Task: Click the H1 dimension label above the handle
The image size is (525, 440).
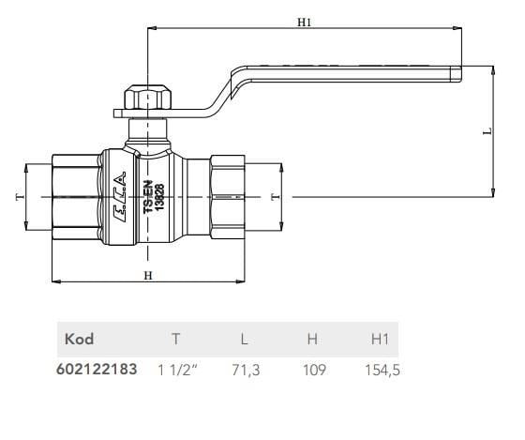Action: (304, 23)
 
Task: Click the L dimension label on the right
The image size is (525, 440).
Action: (488, 131)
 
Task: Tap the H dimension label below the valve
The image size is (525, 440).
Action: (148, 276)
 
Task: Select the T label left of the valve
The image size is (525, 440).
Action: (20, 197)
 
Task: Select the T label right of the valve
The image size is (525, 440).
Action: (275, 197)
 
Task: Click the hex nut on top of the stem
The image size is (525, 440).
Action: (147, 98)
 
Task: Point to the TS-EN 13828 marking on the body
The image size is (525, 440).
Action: (154, 198)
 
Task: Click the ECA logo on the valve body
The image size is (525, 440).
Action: (120, 197)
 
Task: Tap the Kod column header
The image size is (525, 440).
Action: (79, 339)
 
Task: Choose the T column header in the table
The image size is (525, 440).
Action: (176, 339)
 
